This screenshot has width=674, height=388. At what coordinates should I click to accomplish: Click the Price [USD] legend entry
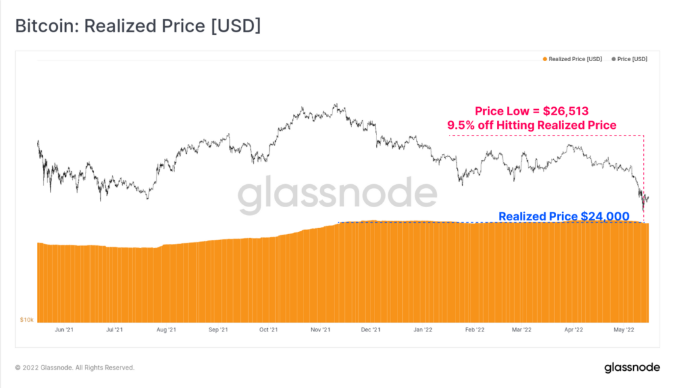coord(630,59)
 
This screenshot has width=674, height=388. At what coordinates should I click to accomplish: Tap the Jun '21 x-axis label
coord(65,329)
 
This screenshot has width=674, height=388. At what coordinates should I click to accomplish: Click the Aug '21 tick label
coord(167,329)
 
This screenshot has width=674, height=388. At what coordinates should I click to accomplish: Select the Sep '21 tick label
coord(218,329)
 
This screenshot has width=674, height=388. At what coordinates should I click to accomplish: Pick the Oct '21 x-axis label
coord(269,329)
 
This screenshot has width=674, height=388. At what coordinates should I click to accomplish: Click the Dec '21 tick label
coord(371,329)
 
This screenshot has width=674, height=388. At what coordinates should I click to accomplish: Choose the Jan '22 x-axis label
coord(422,329)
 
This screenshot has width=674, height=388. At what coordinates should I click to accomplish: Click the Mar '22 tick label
coord(522,329)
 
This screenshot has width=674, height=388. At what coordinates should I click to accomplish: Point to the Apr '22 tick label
coord(573,329)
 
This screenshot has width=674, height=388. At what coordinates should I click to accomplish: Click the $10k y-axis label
coord(27,320)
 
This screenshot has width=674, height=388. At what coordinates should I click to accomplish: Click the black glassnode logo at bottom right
coord(631,368)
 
